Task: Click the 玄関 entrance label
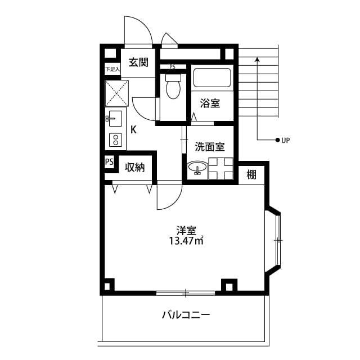coord(138,62)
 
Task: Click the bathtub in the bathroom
coord(211,78)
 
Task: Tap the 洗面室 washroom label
coord(210,147)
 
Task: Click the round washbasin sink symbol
coord(197,168)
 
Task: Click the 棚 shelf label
coord(251,174)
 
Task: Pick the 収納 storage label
coord(135,167)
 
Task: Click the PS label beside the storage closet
coord(109,163)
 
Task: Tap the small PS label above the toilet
coord(172,67)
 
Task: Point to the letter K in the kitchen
coord(133,129)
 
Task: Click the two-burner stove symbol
coord(115,139)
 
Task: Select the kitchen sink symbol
coord(115,119)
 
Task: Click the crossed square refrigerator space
coord(116,93)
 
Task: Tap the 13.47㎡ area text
coord(186,241)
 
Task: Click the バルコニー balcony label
coord(186,315)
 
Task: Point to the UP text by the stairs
coord(285,139)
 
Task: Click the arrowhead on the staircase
coord(257,58)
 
